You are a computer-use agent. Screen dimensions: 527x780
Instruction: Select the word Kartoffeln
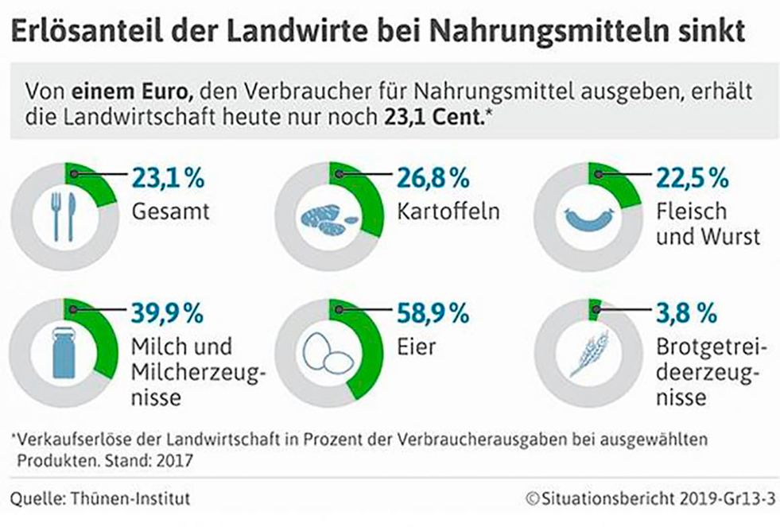tap(440, 212)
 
